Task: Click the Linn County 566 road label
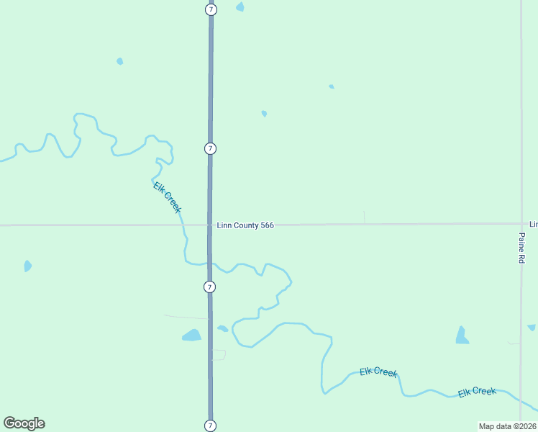tap(245, 225)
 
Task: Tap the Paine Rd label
tap(521, 247)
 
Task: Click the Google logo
tap(24, 423)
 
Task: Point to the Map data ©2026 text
tap(507, 426)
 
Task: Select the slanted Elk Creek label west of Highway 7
tap(167, 197)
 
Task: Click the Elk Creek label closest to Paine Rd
tap(477, 392)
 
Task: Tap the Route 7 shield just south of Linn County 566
tap(209, 287)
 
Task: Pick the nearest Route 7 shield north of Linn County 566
tap(210, 148)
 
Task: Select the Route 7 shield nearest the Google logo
tap(210, 425)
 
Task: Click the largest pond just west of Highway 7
tap(191, 335)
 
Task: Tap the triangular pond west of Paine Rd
tap(462, 336)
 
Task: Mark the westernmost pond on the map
tap(27, 266)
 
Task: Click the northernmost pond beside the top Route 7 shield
tap(240, 6)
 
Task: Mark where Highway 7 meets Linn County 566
tap(210, 225)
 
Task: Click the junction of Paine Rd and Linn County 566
tap(521, 224)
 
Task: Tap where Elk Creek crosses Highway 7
tap(210, 263)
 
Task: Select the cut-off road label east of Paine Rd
tap(534, 225)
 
